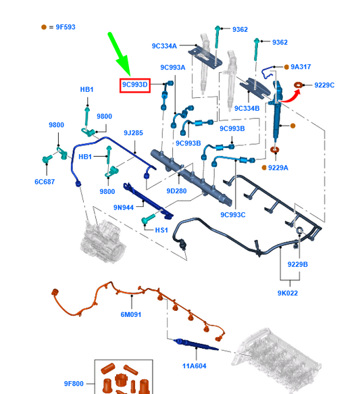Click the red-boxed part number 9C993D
[x=135, y=85]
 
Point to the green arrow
[x=120, y=53]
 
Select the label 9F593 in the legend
[x=66, y=27]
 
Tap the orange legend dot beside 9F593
[x=44, y=27]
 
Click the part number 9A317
[x=301, y=67]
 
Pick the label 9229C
[x=324, y=85]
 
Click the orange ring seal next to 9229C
[x=298, y=85]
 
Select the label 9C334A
[x=164, y=46]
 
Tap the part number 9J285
[x=133, y=132]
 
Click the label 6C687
[x=45, y=182]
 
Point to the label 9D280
[x=176, y=191]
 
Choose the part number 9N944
[x=124, y=207]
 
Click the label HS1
[x=161, y=230]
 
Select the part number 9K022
[x=288, y=293]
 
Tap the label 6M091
[x=131, y=314]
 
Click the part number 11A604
[x=195, y=366]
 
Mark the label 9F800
[x=74, y=383]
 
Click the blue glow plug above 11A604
[x=196, y=345]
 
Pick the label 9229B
[x=297, y=264]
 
